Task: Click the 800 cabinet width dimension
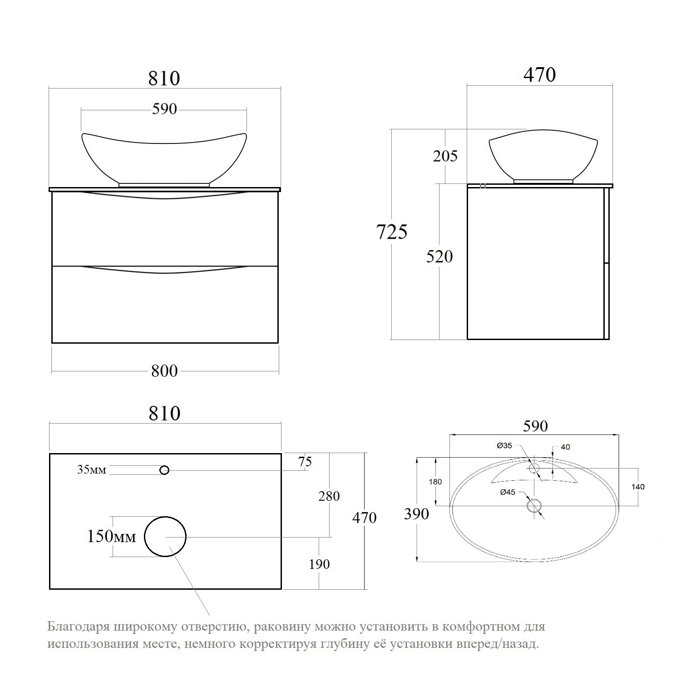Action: (164, 371)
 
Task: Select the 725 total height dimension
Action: (392, 232)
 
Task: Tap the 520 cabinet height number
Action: (439, 257)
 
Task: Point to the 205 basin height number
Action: (445, 156)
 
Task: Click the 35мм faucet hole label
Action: (92, 469)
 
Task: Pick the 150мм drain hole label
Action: (111, 536)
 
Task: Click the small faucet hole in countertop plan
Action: (165, 470)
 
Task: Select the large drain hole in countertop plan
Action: (165, 536)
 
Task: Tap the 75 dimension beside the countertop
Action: (305, 462)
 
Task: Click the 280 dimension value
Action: (329, 496)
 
